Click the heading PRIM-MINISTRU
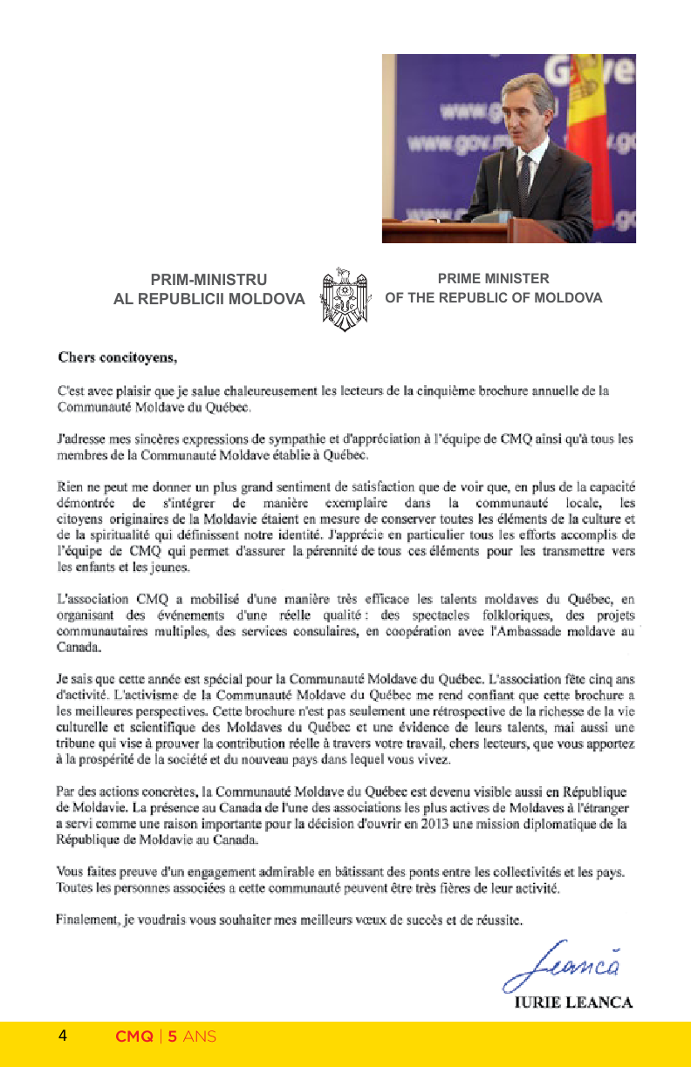[209, 280]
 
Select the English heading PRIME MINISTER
[494, 279]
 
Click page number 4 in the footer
[63, 1036]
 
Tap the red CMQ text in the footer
[134, 1037]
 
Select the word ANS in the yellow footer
[200, 1037]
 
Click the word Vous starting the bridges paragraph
[70, 872]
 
